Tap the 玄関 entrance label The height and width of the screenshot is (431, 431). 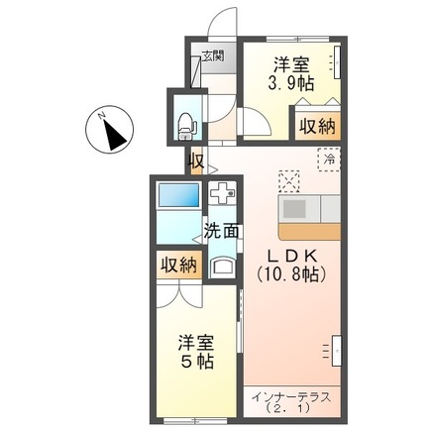[x=213, y=56]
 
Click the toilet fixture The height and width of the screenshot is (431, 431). [x=185, y=122]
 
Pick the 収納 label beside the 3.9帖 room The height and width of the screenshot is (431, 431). [x=315, y=127]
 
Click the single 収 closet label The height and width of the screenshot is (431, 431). [x=196, y=161]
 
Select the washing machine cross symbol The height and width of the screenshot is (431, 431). [x=223, y=192]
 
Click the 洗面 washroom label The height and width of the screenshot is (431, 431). [x=222, y=232]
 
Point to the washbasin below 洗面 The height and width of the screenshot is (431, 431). [x=222, y=265]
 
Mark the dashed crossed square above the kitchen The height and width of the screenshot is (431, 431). [x=289, y=180]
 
